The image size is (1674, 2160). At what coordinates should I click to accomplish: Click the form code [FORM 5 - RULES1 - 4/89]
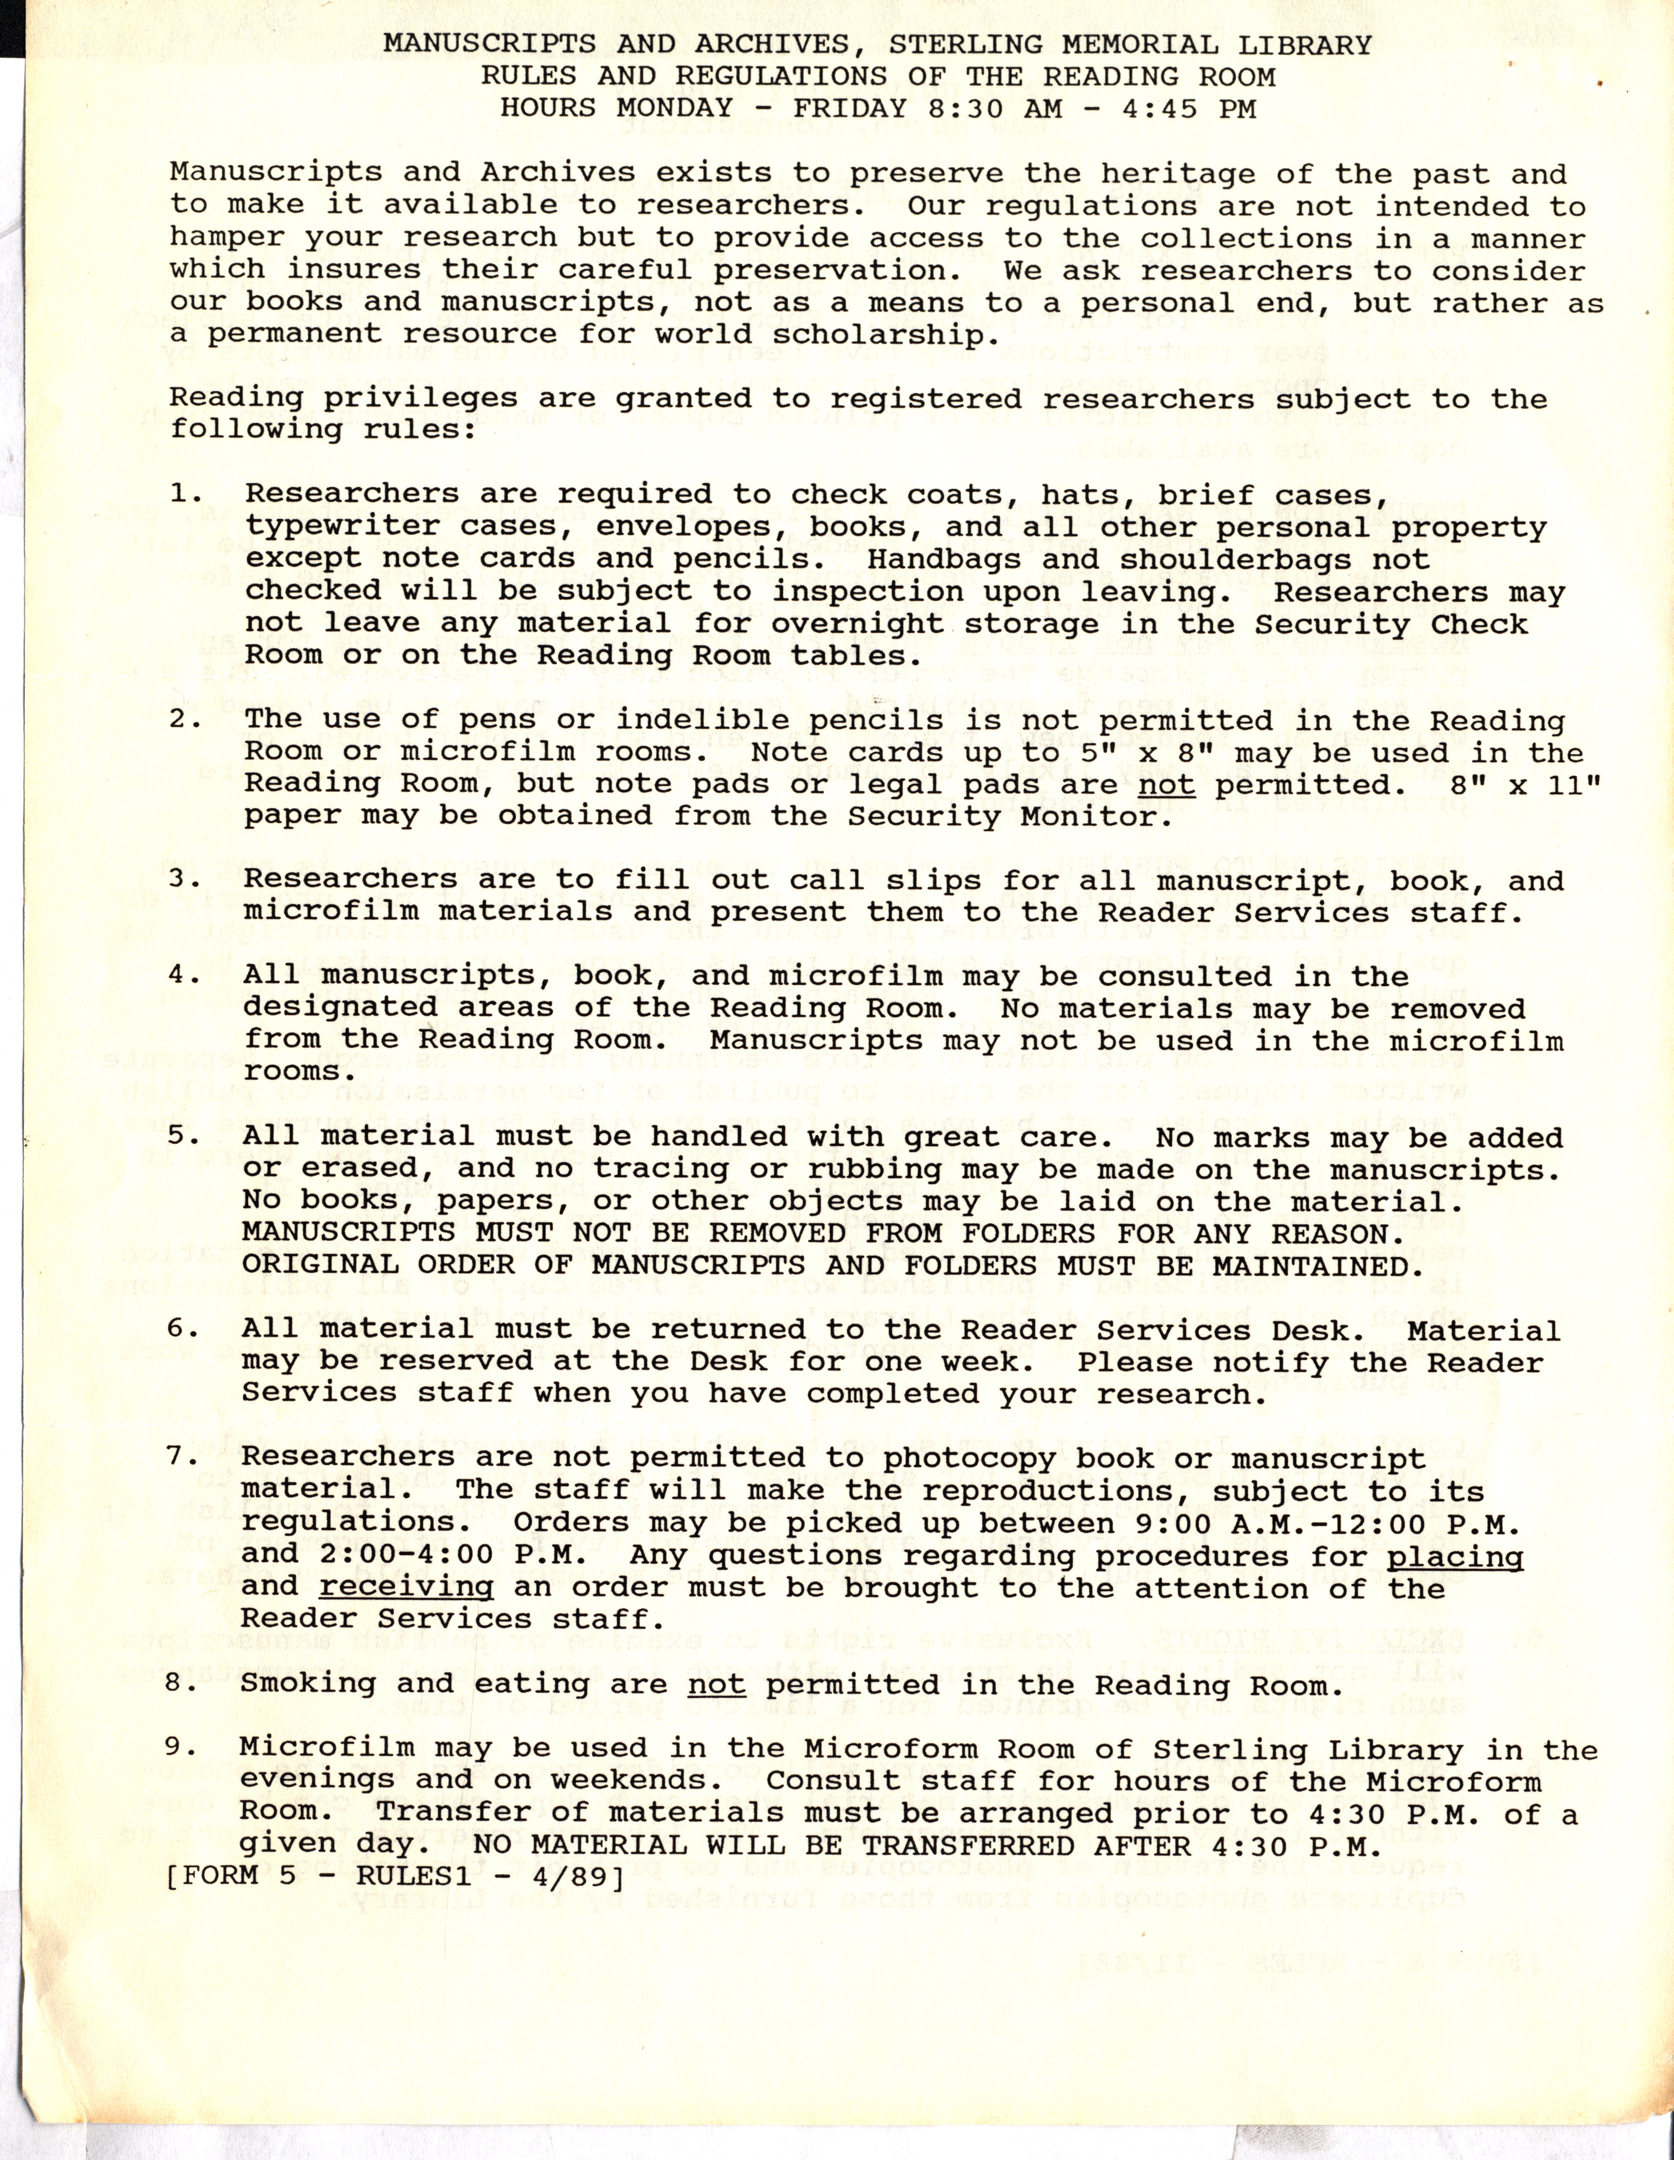click(395, 1876)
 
